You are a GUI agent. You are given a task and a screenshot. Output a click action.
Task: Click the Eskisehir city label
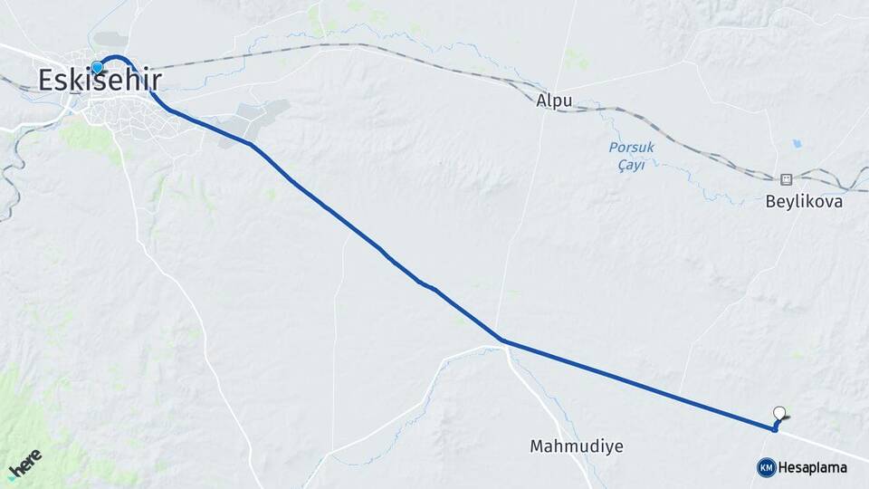pos(100,81)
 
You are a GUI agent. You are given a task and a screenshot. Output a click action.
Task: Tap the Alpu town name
pos(554,101)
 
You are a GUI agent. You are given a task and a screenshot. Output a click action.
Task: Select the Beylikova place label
pos(804,202)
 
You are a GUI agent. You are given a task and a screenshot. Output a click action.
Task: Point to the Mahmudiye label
pos(577,446)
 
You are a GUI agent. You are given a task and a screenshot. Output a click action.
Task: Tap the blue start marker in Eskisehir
pos(97,67)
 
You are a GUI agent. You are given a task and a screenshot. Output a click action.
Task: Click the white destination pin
pos(779,413)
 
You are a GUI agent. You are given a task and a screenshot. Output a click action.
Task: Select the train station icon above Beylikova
pos(786,178)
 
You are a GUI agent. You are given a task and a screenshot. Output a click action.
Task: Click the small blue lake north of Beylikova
pos(796,143)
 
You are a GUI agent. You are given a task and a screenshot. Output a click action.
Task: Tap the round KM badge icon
pos(766,467)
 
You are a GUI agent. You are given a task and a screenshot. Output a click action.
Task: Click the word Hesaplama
pos(812,468)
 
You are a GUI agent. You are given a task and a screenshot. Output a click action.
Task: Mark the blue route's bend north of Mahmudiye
pos(503,341)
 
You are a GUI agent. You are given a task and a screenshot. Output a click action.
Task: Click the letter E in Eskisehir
pos(47,81)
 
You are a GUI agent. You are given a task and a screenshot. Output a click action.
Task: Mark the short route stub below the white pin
pos(775,426)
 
